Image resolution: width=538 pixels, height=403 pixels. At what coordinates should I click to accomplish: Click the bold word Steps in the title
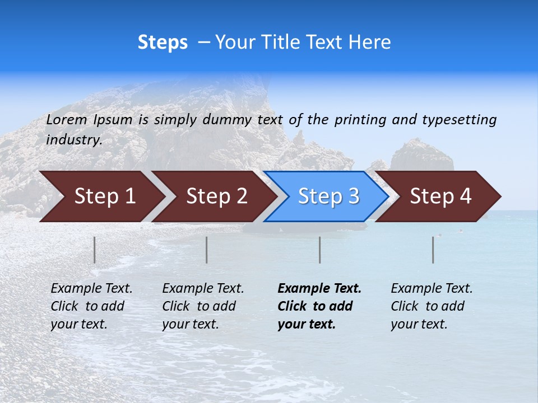tap(163, 43)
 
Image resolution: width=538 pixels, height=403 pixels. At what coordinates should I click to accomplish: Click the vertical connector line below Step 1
tap(95, 250)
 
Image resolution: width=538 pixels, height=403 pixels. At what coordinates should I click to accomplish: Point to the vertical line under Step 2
tap(207, 250)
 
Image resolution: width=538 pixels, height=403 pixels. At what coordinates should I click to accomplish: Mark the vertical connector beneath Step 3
tap(320, 250)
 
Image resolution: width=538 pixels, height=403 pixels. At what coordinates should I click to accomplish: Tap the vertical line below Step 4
tap(433, 250)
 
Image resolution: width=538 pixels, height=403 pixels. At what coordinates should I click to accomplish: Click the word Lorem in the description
tap(67, 120)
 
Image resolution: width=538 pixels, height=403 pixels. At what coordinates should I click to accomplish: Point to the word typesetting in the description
tap(459, 120)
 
